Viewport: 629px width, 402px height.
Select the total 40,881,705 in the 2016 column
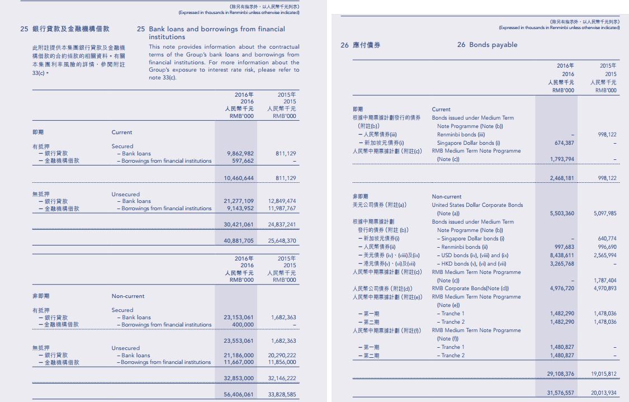[x=238, y=241]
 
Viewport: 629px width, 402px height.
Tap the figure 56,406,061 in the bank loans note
[x=238, y=394]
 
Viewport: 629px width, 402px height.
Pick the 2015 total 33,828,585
[x=282, y=394]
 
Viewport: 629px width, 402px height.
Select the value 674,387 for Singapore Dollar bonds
[x=562, y=143]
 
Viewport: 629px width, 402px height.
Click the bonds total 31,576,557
[x=560, y=393]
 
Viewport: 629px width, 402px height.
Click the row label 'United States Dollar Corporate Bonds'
[x=477, y=205]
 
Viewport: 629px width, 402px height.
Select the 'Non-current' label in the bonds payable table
[x=447, y=196]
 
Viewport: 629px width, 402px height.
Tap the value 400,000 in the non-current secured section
[x=243, y=324]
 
